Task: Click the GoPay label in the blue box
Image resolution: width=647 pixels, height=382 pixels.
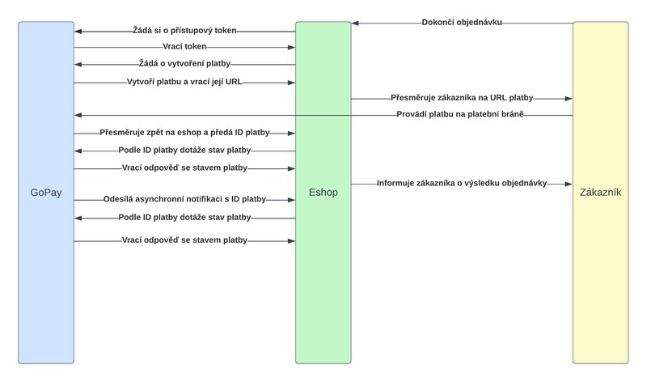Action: pyautogui.click(x=46, y=193)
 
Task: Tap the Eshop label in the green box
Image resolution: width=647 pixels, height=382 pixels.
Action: pyautogui.click(x=323, y=193)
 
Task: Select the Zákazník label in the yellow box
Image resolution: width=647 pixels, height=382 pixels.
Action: pyautogui.click(x=600, y=193)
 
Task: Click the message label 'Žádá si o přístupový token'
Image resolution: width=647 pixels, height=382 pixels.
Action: pyautogui.click(x=184, y=30)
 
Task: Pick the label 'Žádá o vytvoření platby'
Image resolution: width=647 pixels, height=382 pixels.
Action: pyautogui.click(x=184, y=65)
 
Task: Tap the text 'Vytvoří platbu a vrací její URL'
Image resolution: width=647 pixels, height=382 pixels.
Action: pyautogui.click(x=184, y=83)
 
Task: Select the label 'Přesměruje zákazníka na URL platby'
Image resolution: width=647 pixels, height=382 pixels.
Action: pyautogui.click(x=461, y=97)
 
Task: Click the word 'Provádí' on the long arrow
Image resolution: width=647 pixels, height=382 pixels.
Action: pyautogui.click(x=410, y=115)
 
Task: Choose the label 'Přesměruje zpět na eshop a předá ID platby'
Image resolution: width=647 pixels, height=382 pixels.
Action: pyautogui.click(x=184, y=132)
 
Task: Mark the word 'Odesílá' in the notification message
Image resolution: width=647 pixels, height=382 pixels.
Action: pyautogui.click(x=119, y=198)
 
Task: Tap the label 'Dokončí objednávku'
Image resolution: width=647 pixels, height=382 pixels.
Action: pyautogui.click(x=462, y=22)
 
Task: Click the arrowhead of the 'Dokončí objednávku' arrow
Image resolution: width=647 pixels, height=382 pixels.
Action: pyautogui.click(x=355, y=23)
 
